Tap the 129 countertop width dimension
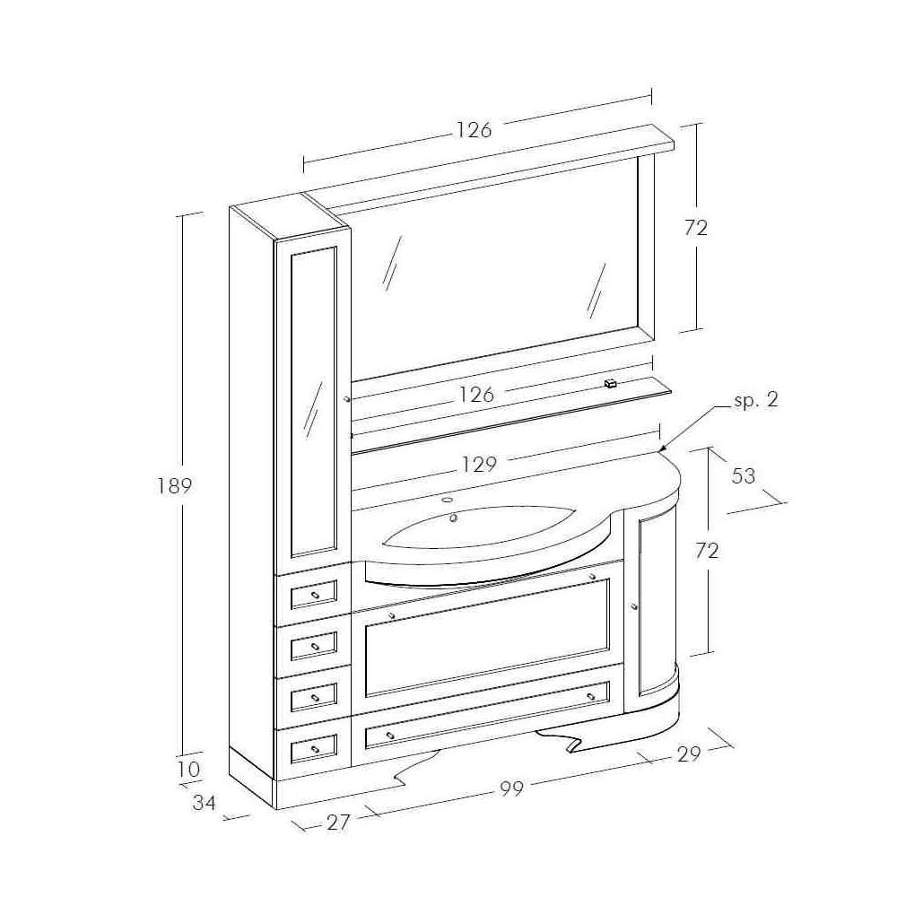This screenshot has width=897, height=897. [x=480, y=465]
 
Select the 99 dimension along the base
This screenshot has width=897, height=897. [x=511, y=788]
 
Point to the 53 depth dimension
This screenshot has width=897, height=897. [x=744, y=475]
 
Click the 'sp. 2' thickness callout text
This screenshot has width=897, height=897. [x=756, y=400]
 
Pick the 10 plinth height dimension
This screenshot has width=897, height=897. [x=189, y=769]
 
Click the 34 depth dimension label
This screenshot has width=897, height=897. [x=205, y=803]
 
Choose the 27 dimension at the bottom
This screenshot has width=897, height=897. [x=337, y=822]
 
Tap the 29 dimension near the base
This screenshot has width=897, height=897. [x=688, y=753]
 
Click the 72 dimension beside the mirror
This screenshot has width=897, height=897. [x=696, y=228]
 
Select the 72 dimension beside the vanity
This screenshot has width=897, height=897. [x=708, y=551]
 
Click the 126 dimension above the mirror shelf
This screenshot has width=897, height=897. [x=474, y=130]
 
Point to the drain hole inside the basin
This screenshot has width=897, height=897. [x=454, y=518]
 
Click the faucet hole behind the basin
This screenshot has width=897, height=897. [x=448, y=497]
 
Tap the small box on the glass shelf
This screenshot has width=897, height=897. [x=612, y=383]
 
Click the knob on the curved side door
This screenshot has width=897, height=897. [x=634, y=607]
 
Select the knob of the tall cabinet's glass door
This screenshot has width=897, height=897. [x=346, y=398]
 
